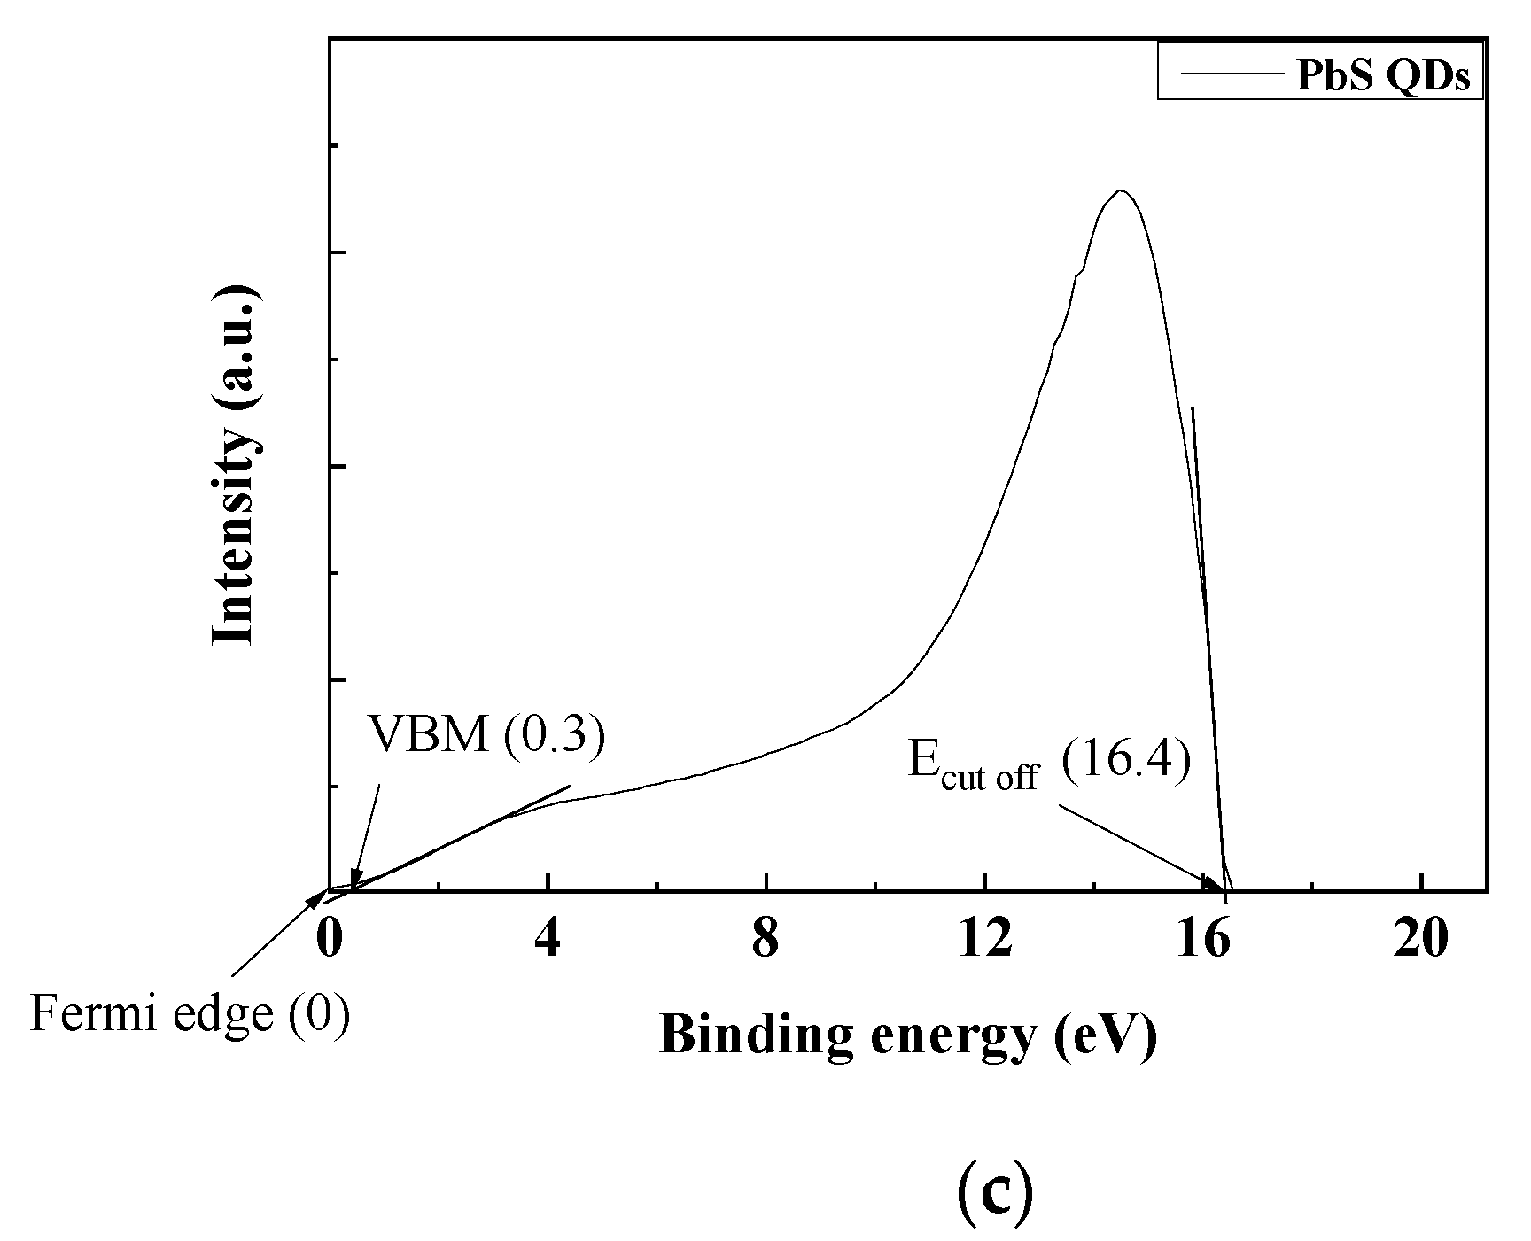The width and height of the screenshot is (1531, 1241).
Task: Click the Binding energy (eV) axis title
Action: (908, 1034)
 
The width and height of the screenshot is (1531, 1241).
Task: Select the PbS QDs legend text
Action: (1382, 77)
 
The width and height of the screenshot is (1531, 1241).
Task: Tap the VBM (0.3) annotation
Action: (486, 733)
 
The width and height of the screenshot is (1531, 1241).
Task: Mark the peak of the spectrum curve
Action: (1121, 190)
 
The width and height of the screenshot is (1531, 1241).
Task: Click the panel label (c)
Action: (996, 1193)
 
